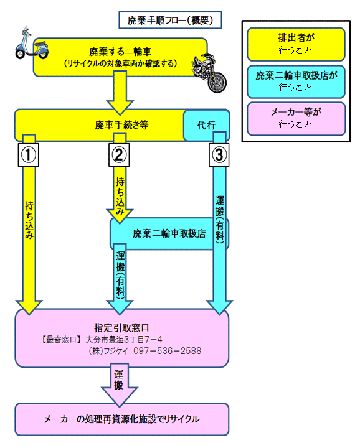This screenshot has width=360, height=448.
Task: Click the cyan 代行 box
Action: click(x=206, y=125)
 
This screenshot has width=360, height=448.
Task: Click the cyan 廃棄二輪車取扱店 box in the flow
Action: click(x=169, y=234)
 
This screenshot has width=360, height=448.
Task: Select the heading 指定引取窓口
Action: click(x=121, y=327)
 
